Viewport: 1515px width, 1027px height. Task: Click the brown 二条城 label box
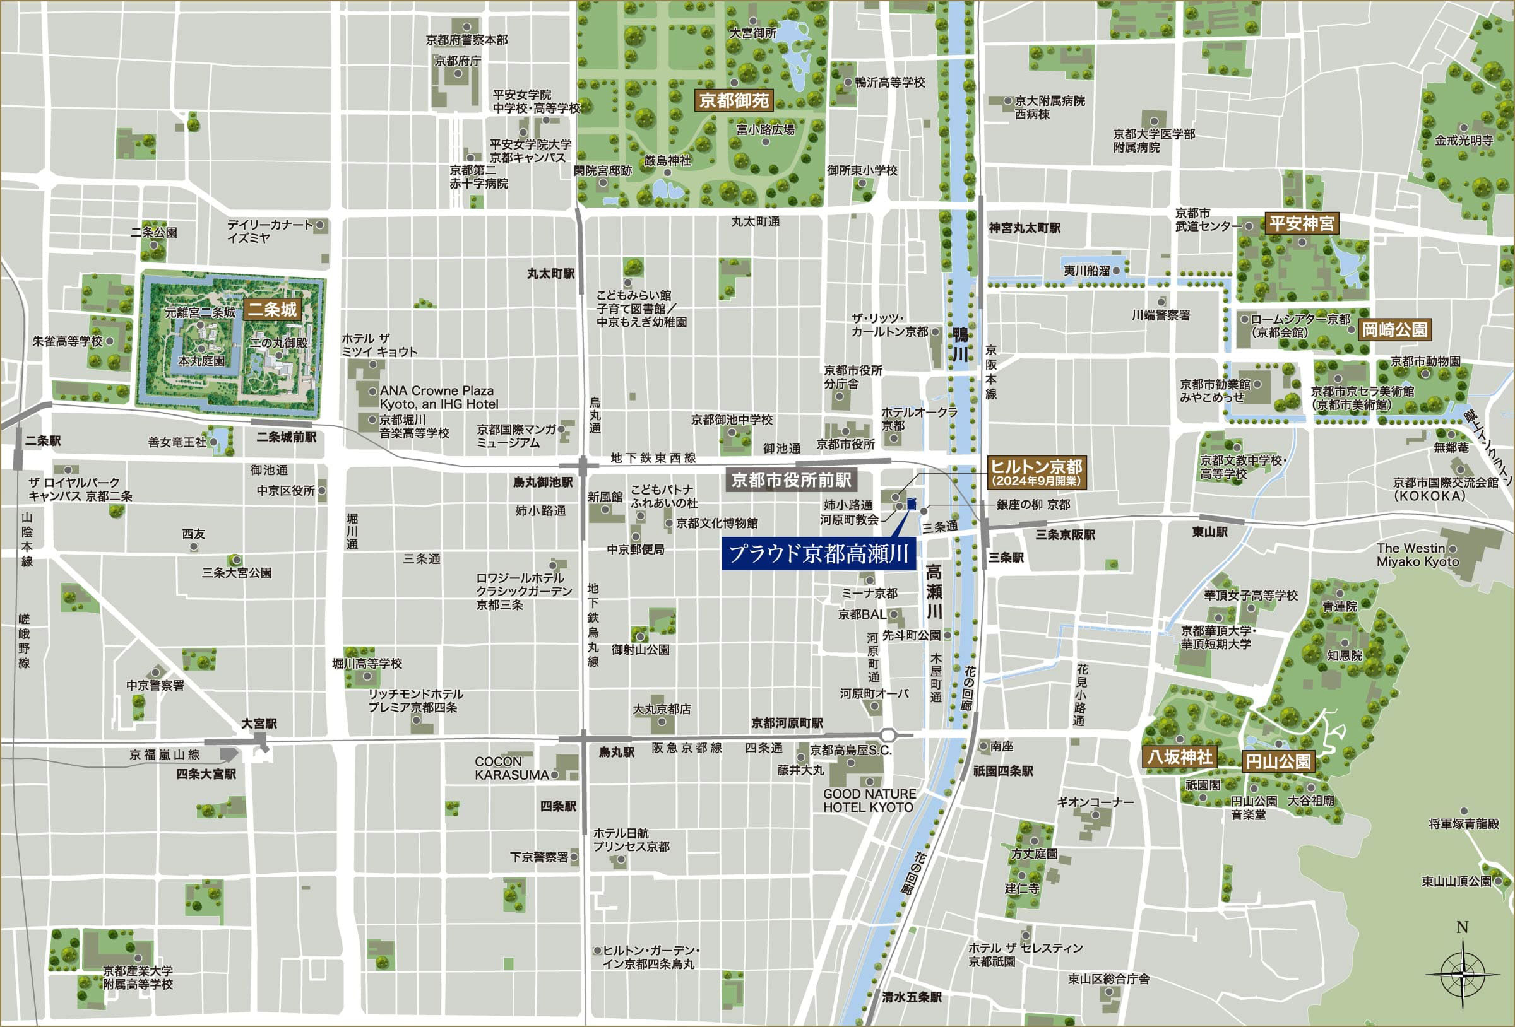(x=272, y=309)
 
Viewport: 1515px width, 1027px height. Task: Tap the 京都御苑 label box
(x=734, y=100)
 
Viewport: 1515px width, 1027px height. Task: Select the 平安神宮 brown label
(x=1302, y=223)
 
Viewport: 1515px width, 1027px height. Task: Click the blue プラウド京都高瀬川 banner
(x=818, y=555)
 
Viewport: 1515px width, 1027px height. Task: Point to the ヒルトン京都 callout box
(x=1037, y=472)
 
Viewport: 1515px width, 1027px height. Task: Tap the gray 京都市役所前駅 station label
(x=792, y=480)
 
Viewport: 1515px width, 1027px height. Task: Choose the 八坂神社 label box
(x=1180, y=756)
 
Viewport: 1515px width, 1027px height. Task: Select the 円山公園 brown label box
(x=1278, y=761)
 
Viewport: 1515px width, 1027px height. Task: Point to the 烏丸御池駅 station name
(x=542, y=482)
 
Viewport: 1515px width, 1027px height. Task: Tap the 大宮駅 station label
(x=259, y=724)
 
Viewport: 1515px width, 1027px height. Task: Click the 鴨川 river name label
(x=960, y=344)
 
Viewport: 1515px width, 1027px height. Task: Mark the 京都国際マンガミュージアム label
(x=516, y=436)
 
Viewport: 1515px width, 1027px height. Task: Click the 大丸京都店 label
(x=662, y=709)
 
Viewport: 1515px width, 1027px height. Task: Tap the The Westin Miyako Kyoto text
(x=1417, y=555)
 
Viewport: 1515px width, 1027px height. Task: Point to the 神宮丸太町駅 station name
(x=1024, y=228)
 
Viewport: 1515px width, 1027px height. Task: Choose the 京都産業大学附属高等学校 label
(x=138, y=977)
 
